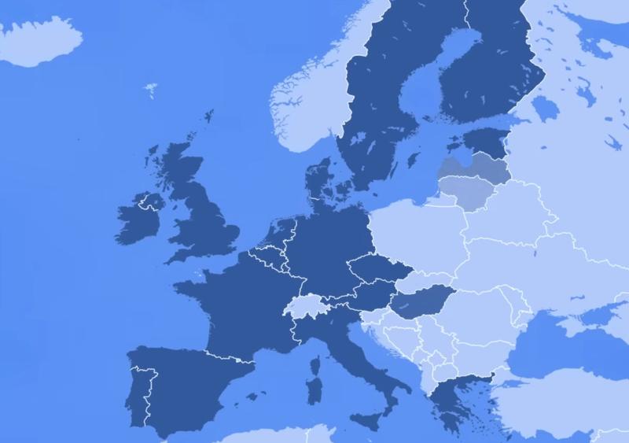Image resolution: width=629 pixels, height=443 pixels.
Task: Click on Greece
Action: point(448,397)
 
